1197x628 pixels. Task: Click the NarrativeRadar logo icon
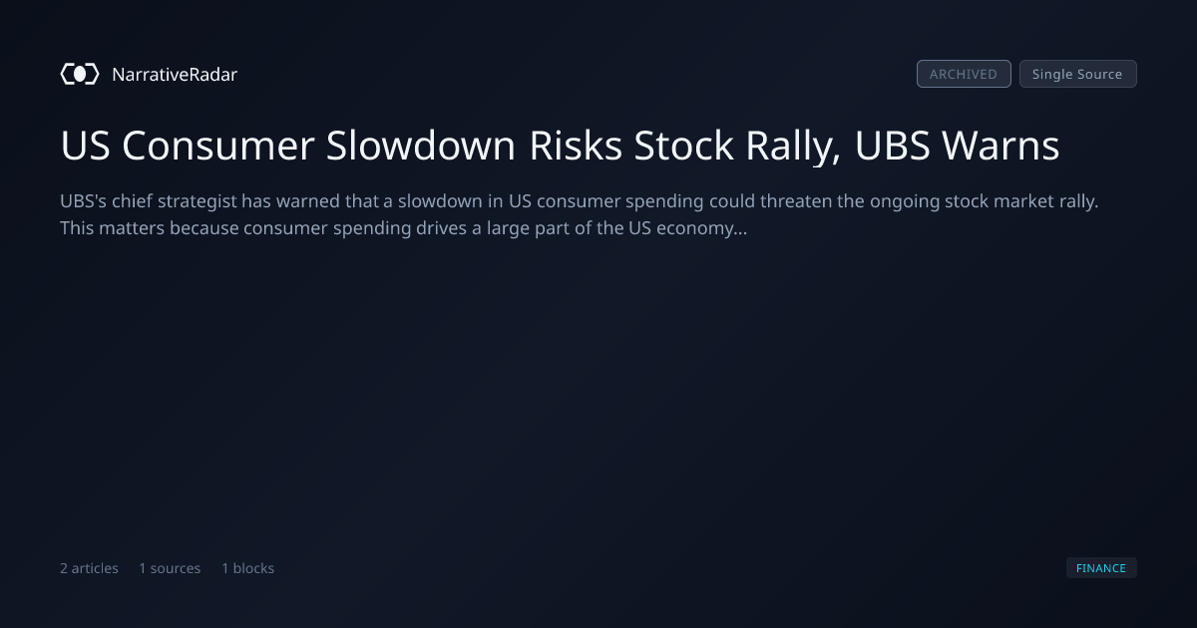80,74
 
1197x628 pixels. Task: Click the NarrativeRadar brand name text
175,74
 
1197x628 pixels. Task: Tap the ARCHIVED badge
964,74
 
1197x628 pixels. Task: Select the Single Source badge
1078,74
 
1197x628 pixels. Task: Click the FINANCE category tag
1101,567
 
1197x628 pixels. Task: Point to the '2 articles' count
89,568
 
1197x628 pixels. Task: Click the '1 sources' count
170,568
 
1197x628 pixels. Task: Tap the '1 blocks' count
248,568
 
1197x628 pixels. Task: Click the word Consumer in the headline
218,146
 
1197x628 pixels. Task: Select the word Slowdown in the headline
421,146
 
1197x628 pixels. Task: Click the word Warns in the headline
1000,146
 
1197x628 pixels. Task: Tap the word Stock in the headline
683,146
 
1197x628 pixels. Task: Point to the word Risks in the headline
576,146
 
